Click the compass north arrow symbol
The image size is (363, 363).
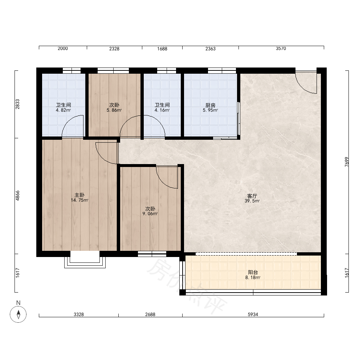pos(18,314)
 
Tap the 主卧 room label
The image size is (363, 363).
pos(79,195)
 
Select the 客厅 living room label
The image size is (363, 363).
pos(252,196)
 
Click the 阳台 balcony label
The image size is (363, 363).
pos(253,272)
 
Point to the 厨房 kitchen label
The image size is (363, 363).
pos(210,105)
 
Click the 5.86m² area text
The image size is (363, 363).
pos(114,110)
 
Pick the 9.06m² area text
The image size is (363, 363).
pos(150,214)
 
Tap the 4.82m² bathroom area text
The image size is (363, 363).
pos(63,110)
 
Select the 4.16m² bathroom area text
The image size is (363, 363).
pos(162,110)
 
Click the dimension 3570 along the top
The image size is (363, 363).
pos(281,48)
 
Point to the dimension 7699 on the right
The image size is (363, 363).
pos(347,162)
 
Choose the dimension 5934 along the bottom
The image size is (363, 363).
pos(253,314)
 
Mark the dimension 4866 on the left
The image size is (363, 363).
pos(17,196)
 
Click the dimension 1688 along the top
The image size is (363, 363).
pos(162,49)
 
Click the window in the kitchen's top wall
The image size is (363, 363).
pos(222,70)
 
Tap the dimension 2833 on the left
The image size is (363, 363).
pos(17,104)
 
